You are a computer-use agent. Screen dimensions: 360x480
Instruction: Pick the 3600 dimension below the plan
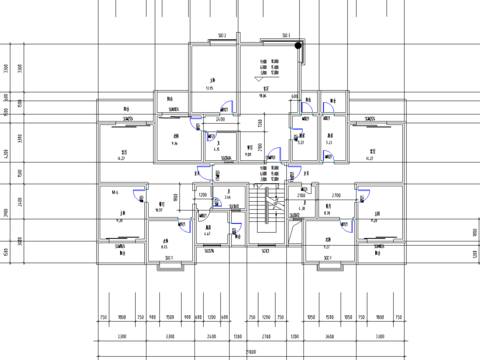tap(329, 337)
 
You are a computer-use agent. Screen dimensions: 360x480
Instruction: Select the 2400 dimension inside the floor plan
tap(219, 119)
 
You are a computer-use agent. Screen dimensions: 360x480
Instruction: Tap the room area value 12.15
tap(210, 89)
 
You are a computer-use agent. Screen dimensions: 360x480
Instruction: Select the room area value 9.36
tap(174, 145)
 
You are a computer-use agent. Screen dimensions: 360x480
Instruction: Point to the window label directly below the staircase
tap(267, 251)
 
